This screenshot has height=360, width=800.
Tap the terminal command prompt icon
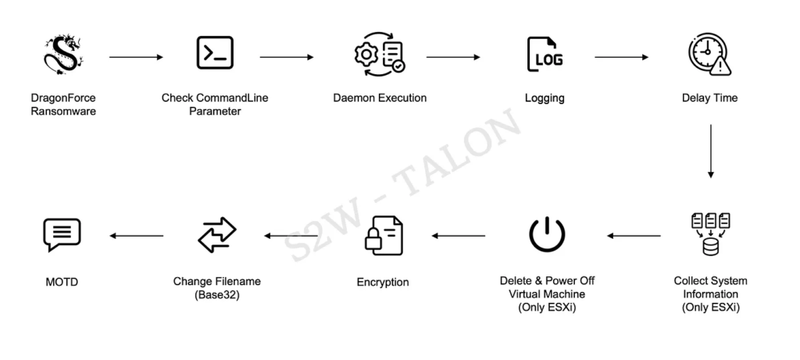(x=214, y=53)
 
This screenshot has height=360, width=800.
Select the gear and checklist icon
(x=380, y=54)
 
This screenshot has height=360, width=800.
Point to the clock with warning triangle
(x=709, y=55)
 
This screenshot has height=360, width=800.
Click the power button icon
(x=547, y=234)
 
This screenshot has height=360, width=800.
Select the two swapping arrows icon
(x=216, y=234)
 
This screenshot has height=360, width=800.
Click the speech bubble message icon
(x=61, y=234)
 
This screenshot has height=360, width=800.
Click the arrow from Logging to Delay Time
(x=621, y=57)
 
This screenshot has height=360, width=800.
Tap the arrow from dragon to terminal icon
(x=137, y=57)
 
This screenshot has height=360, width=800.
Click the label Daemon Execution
(x=380, y=98)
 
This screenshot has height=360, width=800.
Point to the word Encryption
(x=382, y=282)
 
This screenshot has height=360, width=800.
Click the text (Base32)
(x=217, y=294)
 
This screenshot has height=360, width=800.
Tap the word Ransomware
(x=62, y=111)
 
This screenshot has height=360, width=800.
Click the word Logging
(x=545, y=98)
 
